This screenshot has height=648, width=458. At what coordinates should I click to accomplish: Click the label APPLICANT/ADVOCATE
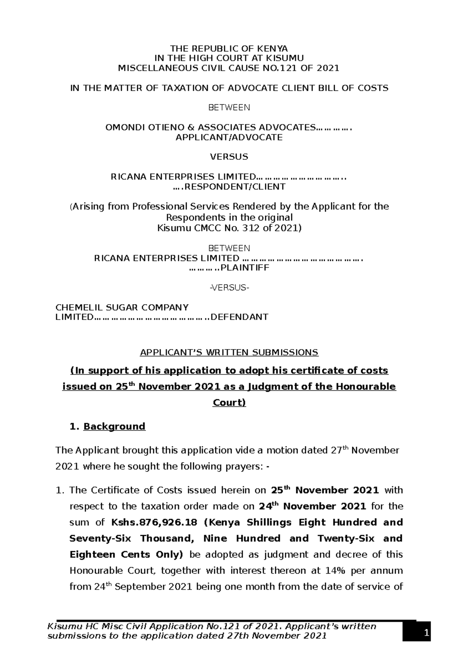pyautogui.click(x=229, y=137)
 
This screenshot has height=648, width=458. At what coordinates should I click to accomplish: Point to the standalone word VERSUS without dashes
pyautogui.click(x=229, y=157)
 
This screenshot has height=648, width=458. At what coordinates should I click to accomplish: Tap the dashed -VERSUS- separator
pyautogui.click(x=229, y=287)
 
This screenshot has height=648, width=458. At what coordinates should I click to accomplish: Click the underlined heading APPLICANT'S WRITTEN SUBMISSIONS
pyautogui.click(x=229, y=352)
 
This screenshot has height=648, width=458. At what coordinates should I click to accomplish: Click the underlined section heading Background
pyautogui.click(x=114, y=426)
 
